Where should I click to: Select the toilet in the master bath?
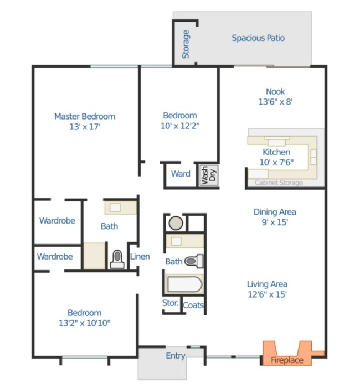[117, 258]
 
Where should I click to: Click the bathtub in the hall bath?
[184, 284]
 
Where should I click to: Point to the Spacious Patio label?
[258, 38]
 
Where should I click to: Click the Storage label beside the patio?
[186, 44]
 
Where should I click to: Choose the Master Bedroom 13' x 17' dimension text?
[85, 127]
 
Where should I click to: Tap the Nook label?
[275, 91]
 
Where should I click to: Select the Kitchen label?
[276, 152]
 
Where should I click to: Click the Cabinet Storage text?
[279, 183]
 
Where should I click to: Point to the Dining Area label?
[275, 212]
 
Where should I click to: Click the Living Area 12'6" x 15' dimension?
[267, 295]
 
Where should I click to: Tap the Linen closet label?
[140, 256]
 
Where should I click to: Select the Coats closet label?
[193, 305]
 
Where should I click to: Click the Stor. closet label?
[171, 303]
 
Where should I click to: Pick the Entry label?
[176, 356]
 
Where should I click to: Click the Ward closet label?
[181, 174]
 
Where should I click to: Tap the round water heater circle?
[176, 223]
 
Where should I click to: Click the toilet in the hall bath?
[194, 260]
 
